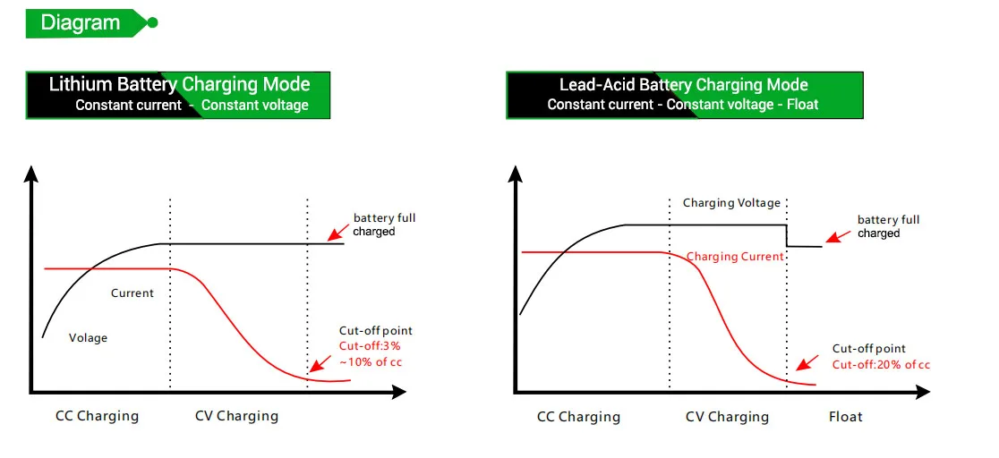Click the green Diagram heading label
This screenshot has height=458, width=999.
81,22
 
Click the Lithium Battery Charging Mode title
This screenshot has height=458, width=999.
179,85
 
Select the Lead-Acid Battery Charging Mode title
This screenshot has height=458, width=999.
683,85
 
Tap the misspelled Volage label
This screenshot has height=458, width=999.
88,338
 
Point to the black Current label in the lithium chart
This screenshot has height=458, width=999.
132,293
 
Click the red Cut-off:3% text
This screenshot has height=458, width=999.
369,346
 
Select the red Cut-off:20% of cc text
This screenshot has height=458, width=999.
881,365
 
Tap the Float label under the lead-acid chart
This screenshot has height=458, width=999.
845,417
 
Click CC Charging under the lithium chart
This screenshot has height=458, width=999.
97,416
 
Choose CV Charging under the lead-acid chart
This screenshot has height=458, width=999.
727,417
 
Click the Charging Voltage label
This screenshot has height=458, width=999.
731,203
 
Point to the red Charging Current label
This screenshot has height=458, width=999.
735,257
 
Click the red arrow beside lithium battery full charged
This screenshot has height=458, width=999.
337,233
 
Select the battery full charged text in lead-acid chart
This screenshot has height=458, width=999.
888,226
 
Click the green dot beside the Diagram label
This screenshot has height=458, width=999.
152,22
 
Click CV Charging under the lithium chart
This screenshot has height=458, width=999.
236,416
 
